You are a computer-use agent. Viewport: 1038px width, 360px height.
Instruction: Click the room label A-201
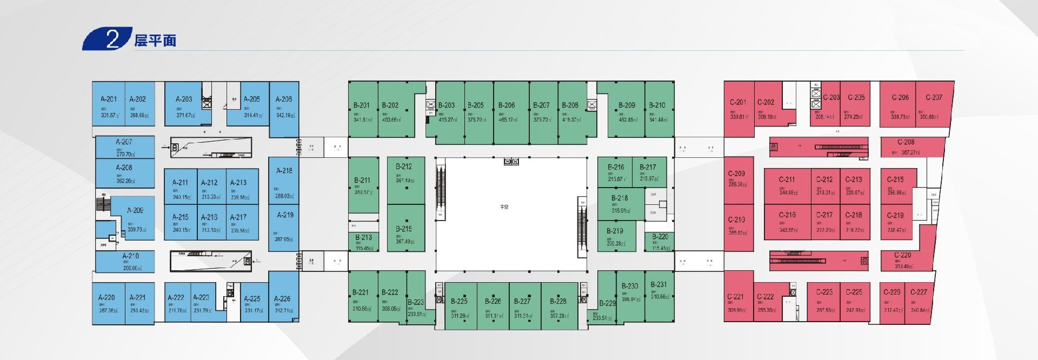coord(108,99)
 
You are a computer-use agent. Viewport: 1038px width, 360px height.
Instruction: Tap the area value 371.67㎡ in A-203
coord(185,115)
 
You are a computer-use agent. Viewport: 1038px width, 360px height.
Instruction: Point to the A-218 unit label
coord(284,170)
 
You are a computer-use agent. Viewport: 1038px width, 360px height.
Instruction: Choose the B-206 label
coord(507,105)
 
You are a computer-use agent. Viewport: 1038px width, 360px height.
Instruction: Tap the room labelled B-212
coord(404,166)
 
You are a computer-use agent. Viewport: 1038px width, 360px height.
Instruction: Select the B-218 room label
coord(620,198)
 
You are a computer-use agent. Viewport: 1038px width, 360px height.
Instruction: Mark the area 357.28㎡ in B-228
coord(559,316)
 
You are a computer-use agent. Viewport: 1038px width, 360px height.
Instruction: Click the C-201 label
coord(737,102)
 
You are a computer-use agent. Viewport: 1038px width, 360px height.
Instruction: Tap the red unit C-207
coord(934,105)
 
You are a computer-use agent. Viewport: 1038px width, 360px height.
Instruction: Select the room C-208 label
coord(906,142)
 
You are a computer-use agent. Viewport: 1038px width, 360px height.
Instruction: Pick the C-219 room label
coord(895,215)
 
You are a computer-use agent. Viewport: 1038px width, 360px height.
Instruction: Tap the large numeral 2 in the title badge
coord(112,39)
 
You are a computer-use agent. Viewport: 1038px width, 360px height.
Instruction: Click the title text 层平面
coord(155,41)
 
